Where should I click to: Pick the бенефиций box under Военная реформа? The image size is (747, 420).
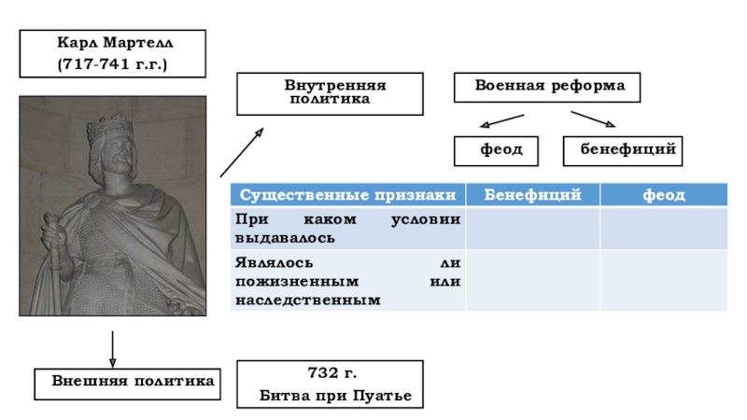[x=623, y=149]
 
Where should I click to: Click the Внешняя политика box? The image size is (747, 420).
[x=129, y=382]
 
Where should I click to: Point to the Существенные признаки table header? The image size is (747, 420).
[x=347, y=194]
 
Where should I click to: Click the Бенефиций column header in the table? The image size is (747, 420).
[x=531, y=194]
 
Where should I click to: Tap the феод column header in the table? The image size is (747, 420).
[x=663, y=194]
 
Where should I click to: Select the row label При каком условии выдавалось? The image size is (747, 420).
[x=347, y=228]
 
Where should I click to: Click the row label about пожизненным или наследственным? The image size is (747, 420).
[x=347, y=280]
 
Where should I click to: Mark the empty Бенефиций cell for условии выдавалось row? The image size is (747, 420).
[x=531, y=228]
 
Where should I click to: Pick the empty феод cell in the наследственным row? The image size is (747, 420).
[x=663, y=280]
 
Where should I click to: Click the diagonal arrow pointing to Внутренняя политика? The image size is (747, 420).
[x=242, y=152]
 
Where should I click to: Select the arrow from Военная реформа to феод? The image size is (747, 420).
[x=500, y=121]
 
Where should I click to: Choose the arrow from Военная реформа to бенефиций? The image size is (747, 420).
[x=593, y=119]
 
